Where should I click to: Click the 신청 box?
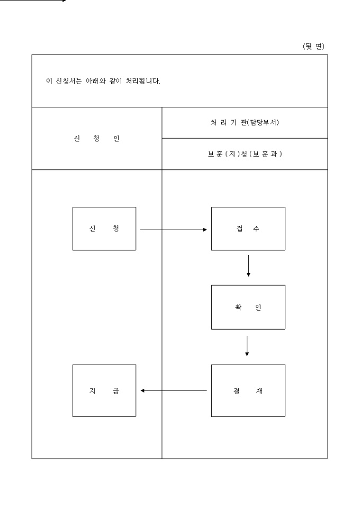click(104, 229)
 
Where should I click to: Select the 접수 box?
click(248, 229)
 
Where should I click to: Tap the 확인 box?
click(248, 307)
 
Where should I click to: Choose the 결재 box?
click(248, 390)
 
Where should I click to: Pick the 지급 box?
click(104, 390)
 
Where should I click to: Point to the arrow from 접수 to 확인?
click(248, 266)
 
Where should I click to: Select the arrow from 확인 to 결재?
click(247, 346)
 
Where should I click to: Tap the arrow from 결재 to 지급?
click(174, 391)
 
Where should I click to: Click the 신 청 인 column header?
click(97, 139)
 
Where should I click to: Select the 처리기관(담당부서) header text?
click(244, 123)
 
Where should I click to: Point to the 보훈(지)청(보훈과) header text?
click(244, 154)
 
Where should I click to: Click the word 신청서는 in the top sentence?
click(66, 82)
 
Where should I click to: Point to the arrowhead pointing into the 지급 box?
click(143, 391)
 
